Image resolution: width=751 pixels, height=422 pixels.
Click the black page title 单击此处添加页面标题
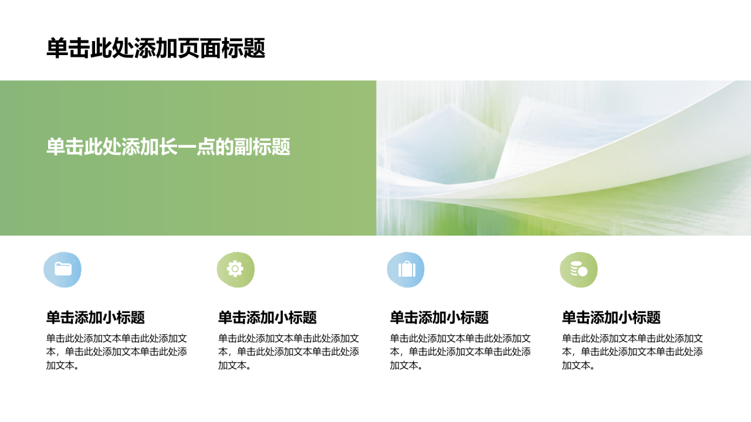coord(156,48)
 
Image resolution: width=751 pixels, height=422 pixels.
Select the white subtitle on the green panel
coord(168,147)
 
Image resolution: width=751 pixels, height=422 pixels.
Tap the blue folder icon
coord(63,269)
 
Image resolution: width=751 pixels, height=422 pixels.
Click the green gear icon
coord(235,269)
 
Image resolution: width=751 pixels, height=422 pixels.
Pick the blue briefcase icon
coord(406,269)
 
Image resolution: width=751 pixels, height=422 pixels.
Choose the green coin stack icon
coord(579,269)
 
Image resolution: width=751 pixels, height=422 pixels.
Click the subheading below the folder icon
coord(96,317)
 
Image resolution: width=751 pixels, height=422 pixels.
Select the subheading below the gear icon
coord(268,317)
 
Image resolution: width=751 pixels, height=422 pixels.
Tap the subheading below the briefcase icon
coord(439,317)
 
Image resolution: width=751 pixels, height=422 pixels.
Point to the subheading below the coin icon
coord(611,317)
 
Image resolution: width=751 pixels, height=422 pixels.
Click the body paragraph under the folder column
coord(117,352)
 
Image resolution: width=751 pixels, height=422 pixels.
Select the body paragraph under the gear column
coord(289,352)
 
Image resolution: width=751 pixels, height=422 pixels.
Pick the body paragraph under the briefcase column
coord(461,352)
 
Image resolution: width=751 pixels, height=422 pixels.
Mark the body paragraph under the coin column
coord(632,352)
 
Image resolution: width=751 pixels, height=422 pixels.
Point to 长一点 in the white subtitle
coord(187,147)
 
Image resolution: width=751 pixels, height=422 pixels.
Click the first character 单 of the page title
coord(57,48)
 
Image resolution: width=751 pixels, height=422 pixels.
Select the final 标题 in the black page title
coord(243,48)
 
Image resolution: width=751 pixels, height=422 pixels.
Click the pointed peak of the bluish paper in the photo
coord(450,104)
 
